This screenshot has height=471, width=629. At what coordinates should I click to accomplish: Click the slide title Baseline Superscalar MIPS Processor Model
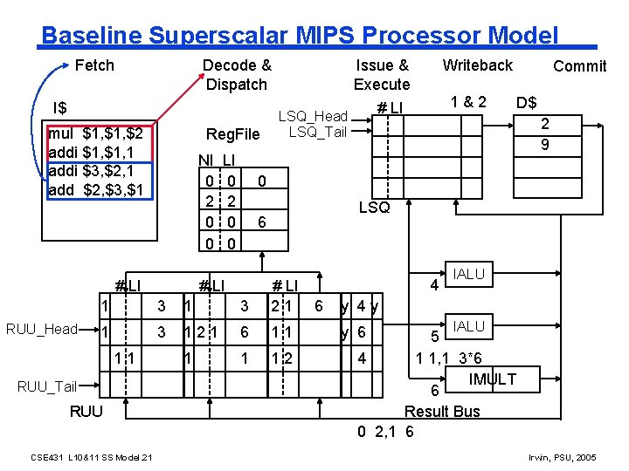click(x=299, y=36)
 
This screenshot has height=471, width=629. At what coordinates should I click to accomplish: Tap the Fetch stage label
click(x=94, y=65)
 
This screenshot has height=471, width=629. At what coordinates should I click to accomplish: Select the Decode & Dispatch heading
click(x=237, y=75)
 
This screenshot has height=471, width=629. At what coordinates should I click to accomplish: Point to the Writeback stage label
click(x=477, y=65)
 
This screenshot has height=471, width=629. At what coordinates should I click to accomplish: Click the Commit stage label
click(x=579, y=66)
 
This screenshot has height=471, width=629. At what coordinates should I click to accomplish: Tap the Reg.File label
click(x=232, y=134)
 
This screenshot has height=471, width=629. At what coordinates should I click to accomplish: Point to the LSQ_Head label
click(x=312, y=117)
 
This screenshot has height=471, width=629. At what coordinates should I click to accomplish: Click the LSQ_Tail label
click(x=317, y=132)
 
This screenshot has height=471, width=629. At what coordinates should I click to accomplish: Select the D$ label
click(x=526, y=104)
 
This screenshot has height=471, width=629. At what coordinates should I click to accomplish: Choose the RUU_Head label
click(x=43, y=330)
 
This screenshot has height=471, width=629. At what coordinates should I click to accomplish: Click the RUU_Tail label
click(x=47, y=386)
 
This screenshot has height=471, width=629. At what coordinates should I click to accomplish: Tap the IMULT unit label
click(x=492, y=379)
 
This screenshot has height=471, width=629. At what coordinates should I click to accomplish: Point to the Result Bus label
click(x=442, y=411)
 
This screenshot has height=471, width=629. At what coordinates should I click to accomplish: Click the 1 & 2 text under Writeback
click(x=468, y=101)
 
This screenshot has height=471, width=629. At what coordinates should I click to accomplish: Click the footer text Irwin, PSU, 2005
click(x=563, y=458)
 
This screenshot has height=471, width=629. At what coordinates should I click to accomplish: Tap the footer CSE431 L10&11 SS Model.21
click(x=92, y=458)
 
